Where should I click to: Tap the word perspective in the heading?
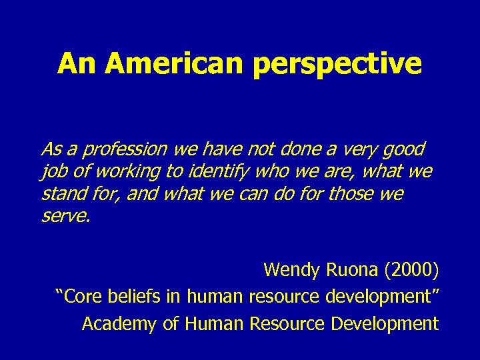coord(337,65)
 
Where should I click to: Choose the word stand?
coord(59,195)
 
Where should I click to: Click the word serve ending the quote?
coord(63,217)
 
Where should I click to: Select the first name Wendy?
coord(292,269)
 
